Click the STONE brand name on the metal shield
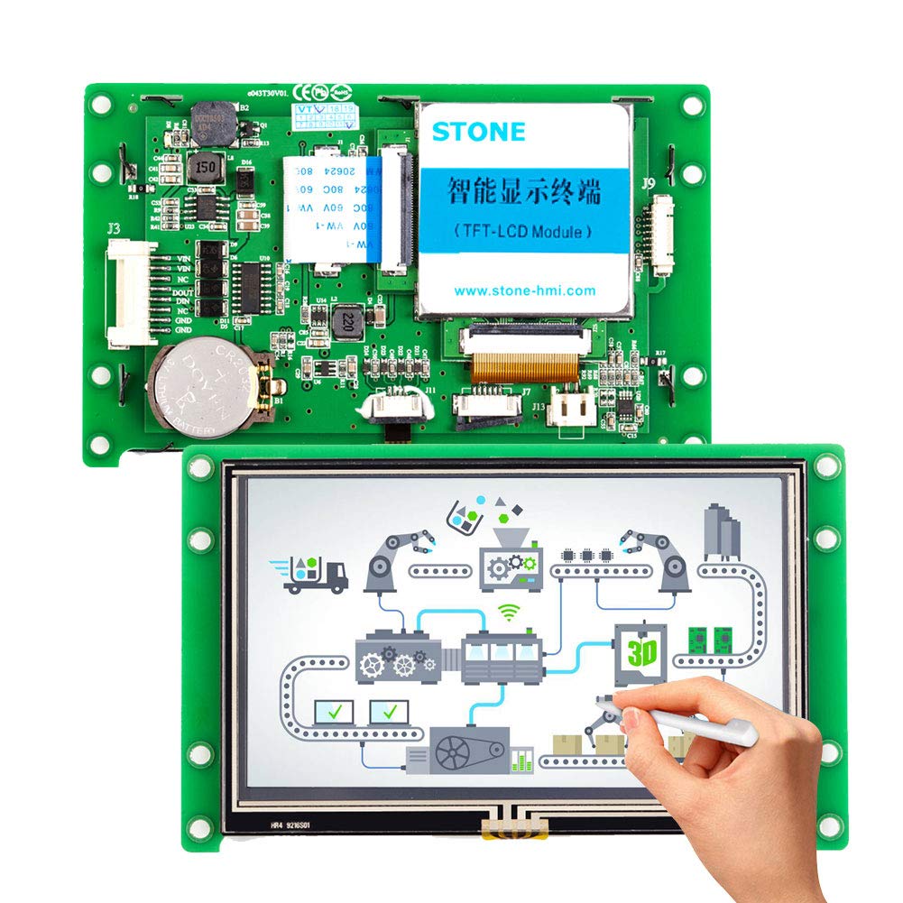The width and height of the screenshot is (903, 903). point(478,131)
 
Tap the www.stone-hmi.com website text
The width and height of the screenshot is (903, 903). point(524,290)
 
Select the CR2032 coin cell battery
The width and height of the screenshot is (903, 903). point(203,386)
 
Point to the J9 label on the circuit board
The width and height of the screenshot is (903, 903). point(648,183)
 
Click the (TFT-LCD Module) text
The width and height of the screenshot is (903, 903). point(524,231)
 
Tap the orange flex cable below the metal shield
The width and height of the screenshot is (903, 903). point(521,364)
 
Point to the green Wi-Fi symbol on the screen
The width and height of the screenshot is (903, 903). point(511,613)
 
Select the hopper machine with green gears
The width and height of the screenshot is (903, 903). point(508,560)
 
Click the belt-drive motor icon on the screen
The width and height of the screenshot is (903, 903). point(453,750)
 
